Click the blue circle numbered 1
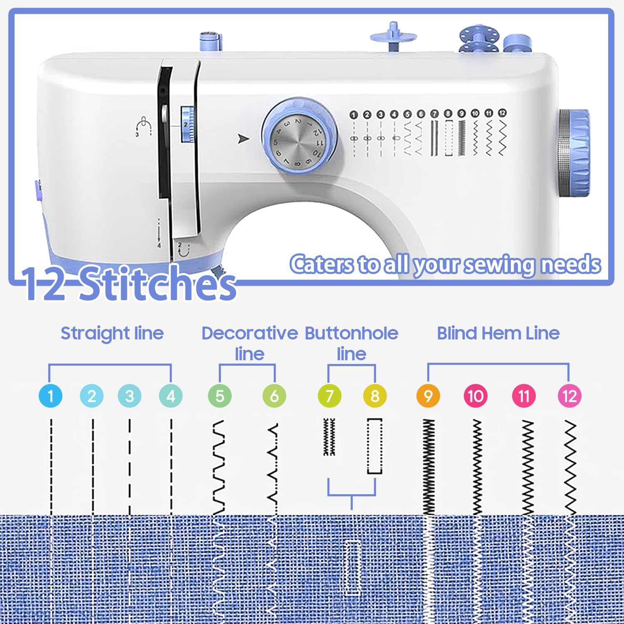(x=50, y=396)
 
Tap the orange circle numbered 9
(x=428, y=396)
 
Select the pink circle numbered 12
(x=569, y=396)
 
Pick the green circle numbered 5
(x=220, y=396)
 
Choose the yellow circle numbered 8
(x=375, y=396)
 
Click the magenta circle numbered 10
(x=475, y=396)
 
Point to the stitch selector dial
(x=299, y=136)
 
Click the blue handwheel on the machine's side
(x=574, y=153)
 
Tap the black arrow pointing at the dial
(x=243, y=139)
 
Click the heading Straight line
(x=112, y=333)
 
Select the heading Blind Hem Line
(x=498, y=333)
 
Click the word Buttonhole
(x=352, y=333)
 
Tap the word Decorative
(x=250, y=333)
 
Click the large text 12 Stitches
(x=129, y=284)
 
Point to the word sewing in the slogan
(x=499, y=265)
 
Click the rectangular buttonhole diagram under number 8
(x=375, y=446)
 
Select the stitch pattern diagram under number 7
(x=329, y=437)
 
